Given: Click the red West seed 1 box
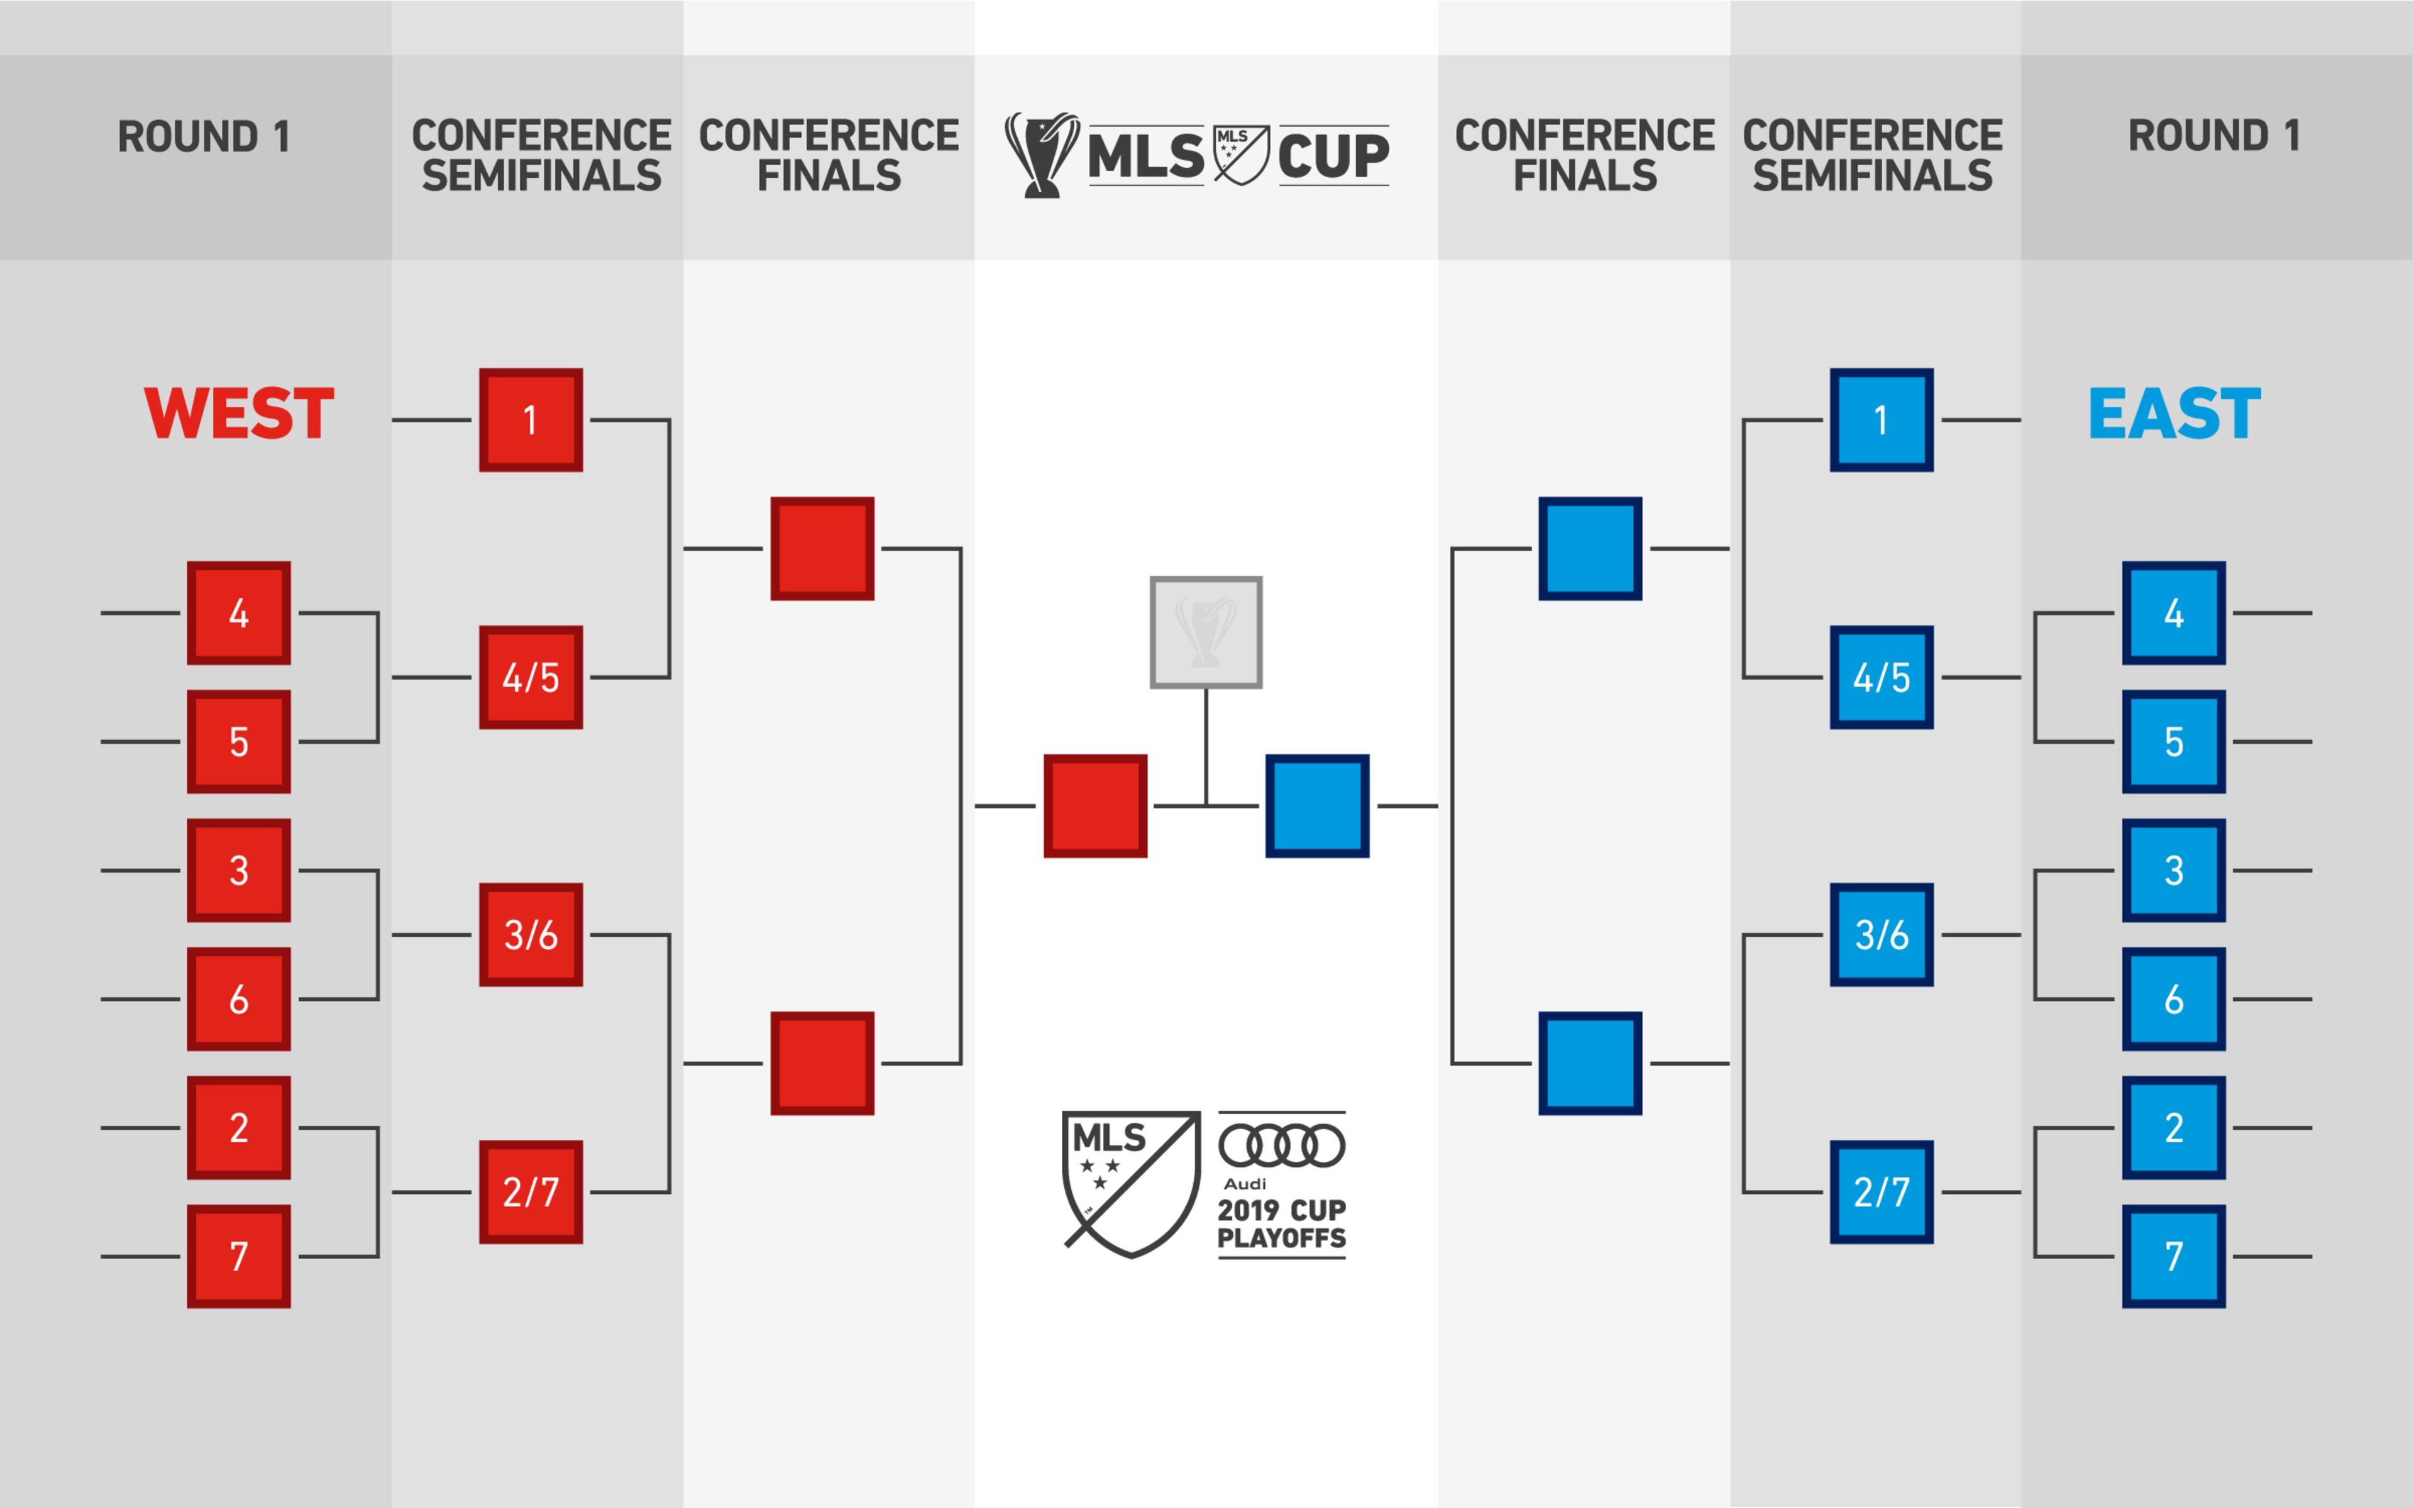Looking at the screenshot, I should (531, 420).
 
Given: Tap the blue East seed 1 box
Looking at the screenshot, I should (1882, 420).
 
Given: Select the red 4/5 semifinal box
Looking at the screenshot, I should (531, 677).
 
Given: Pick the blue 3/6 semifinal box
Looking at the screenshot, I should (1882, 934).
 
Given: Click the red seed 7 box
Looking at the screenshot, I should (238, 1255).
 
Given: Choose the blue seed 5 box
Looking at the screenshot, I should (2174, 741).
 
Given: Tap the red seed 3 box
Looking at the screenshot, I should (238, 870).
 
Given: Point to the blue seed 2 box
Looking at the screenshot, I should (2174, 1127).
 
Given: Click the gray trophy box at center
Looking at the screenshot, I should (1206, 632).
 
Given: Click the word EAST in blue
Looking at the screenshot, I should (2174, 414).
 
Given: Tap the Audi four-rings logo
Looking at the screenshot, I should (1282, 1145).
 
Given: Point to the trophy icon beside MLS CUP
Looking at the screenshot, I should (1042, 155).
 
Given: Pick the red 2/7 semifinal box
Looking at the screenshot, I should (531, 1192).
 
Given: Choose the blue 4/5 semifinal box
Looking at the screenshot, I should (1882, 677).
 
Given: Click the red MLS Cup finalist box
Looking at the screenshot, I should (1095, 806).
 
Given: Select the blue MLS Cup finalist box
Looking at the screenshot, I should (1317, 806).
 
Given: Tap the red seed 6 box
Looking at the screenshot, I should (238, 998).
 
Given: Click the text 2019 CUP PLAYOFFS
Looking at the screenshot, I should (1282, 1224).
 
